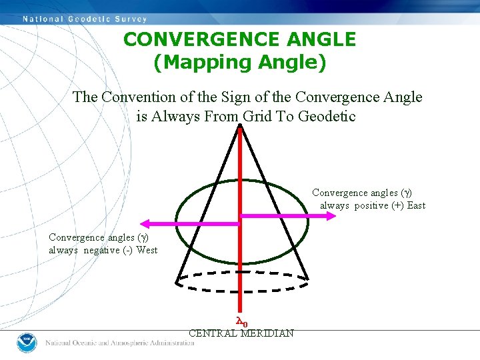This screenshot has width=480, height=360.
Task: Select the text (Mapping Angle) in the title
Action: click(x=239, y=63)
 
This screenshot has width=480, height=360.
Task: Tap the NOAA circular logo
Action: click(x=26, y=343)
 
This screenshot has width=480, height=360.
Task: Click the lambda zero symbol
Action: click(x=242, y=322)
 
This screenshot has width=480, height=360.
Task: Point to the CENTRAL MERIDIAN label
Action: click(x=241, y=333)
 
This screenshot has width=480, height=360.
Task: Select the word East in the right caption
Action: click(x=416, y=205)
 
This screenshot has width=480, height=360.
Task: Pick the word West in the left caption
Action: click(x=147, y=250)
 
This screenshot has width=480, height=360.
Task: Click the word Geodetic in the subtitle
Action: click(x=327, y=116)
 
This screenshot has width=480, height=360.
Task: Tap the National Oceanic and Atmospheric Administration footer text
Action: click(x=119, y=343)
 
